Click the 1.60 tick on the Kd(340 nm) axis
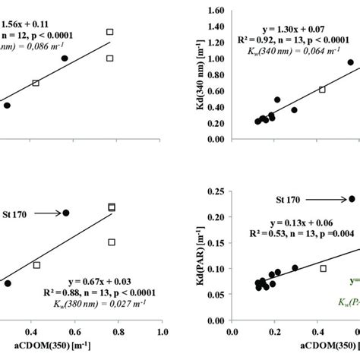(215, 11)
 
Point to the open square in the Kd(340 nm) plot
(322, 89)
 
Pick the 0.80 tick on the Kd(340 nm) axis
(215, 74)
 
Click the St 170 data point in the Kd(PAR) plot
(352, 199)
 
